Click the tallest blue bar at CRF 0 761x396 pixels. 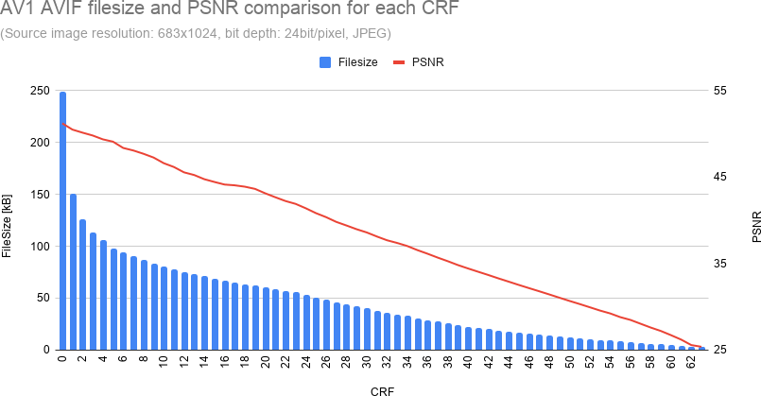(62, 222)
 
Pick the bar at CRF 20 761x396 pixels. (266, 319)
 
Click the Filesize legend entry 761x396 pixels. (349, 62)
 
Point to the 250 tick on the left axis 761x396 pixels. (40, 91)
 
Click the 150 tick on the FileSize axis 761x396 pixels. (40, 195)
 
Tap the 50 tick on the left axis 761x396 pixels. (43, 298)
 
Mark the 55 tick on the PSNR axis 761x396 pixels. (719, 91)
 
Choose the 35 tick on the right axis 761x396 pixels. (719, 264)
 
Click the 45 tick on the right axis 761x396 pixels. (719, 177)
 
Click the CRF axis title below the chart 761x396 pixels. (383, 389)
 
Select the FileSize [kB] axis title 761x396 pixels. (8, 225)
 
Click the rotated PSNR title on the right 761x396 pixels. (755, 225)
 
